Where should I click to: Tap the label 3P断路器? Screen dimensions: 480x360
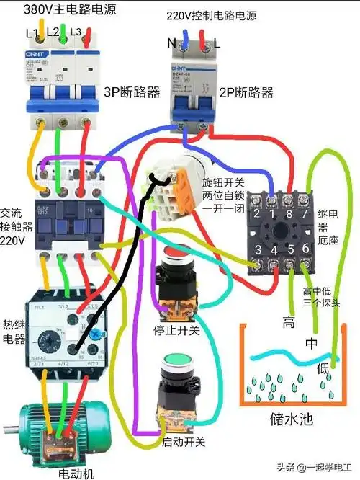(x=128, y=92)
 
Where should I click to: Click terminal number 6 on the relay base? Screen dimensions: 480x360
(x=306, y=249)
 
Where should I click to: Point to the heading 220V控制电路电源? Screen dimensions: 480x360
(x=211, y=15)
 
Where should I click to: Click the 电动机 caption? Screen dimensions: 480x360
(x=76, y=474)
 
